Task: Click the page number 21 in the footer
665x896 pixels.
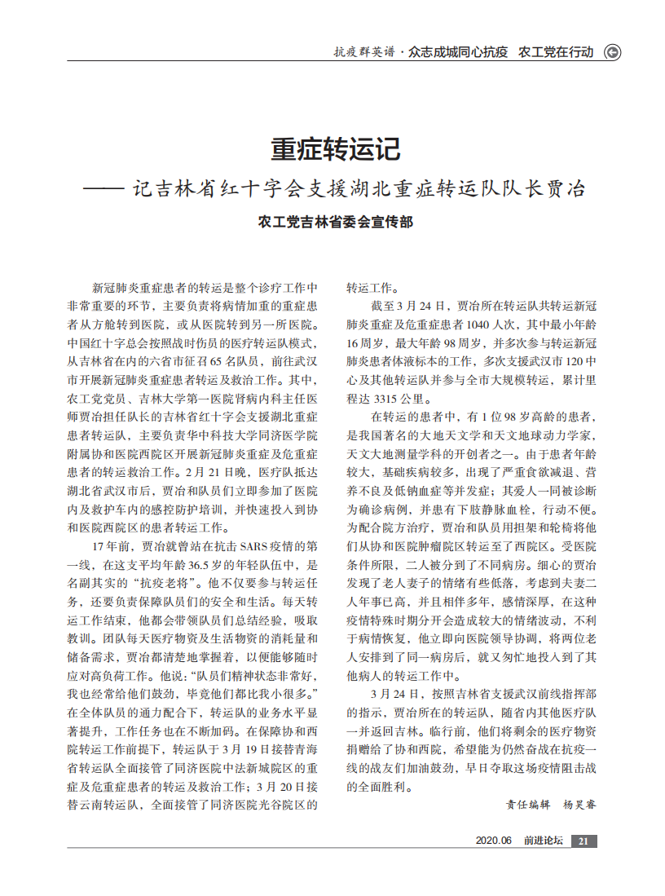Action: tap(584, 841)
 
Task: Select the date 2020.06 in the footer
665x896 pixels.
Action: tap(493, 841)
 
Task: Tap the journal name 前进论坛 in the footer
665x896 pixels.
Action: tap(544, 841)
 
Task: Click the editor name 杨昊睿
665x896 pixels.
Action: tap(579, 805)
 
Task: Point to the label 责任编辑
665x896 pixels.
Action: tap(528, 805)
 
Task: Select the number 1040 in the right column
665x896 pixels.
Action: tap(472, 324)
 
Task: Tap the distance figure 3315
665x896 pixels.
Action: tap(386, 399)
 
